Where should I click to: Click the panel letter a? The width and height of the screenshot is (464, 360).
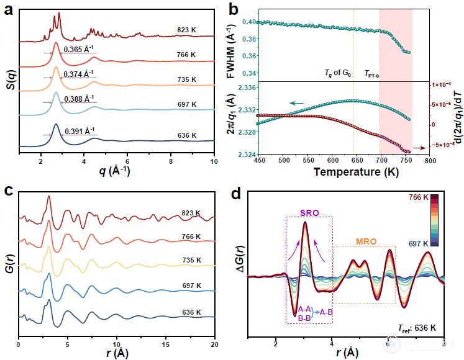click(8, 9)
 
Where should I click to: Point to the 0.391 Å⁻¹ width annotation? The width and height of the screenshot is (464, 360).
click(81, 131)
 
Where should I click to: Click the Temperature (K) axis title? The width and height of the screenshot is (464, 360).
click(348, 170)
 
